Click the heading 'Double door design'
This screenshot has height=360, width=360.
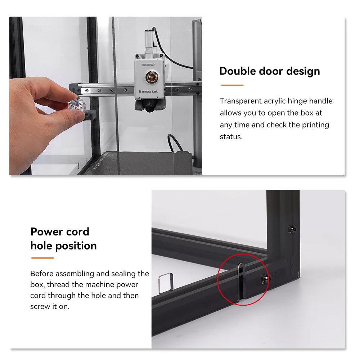(x=269, y=71)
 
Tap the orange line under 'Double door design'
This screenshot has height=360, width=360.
(x=232, y=85)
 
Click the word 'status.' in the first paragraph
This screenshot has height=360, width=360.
(x=231, y=137)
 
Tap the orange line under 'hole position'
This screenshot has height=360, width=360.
(x=42, y=258)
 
